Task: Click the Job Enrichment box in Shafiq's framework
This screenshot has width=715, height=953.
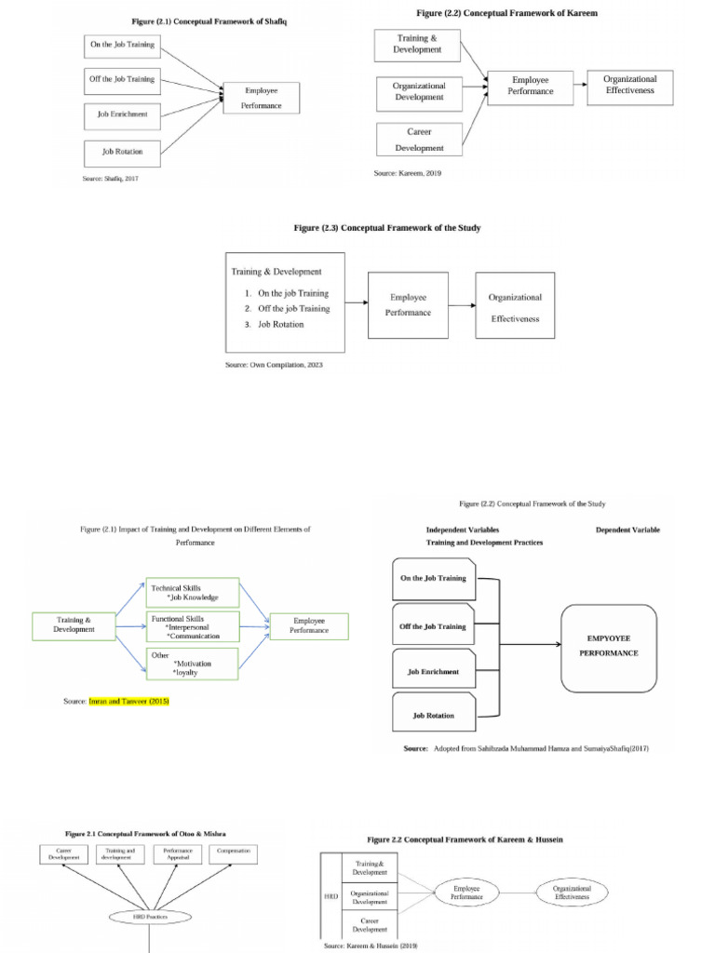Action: pyautogui.click(x=123, y=115)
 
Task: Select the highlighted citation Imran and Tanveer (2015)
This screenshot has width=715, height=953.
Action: pyautogui.click(x=128, y=701)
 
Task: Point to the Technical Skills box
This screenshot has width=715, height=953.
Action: pyautogui.click(x=193, y=594)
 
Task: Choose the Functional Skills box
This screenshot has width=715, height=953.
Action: pyautogui.click(x=193, y=626)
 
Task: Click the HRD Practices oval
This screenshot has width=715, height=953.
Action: pyautogui.click(x=151, y=917)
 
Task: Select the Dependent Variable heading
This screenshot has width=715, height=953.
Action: pyautogui.click(x=628, y=530)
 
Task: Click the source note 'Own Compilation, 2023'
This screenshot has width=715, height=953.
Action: pyautogui.click(x=273, y=365)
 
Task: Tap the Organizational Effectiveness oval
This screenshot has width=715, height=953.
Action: pyautogui.click(x=572, y=893)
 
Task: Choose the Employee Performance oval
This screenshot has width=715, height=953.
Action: pyautogui.click(x=466, y=893)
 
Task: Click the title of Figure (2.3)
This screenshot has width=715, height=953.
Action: pyautogui.click(x=386, y=228)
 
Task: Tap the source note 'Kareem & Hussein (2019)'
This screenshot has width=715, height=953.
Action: pyautogui.click(x=371, y=945)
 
